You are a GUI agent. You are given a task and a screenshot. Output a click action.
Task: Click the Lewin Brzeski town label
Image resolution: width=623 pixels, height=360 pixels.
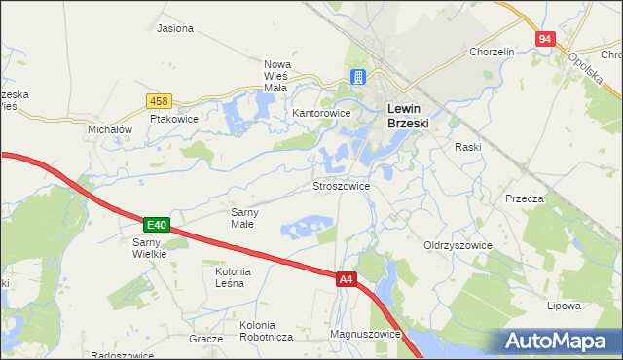(409, 116)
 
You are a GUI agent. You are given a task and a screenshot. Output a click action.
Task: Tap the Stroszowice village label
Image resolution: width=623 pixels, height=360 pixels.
(340, 184)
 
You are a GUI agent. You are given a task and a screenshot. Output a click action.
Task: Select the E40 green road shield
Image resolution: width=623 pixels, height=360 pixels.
(158, 224)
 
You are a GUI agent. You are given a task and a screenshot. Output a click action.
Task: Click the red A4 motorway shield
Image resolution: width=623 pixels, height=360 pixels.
(347, 279)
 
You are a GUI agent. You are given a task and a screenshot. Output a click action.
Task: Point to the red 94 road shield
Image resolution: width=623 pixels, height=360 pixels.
(544, 39)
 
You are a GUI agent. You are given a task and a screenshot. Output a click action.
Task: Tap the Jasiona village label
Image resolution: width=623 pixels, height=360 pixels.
(175, 29)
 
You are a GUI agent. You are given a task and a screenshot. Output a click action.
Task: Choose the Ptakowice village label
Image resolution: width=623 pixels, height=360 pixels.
(174, 119)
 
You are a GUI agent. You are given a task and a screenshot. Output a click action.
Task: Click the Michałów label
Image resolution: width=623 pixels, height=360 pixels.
(109, 129)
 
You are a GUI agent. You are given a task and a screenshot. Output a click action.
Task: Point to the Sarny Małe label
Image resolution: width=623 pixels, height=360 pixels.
(241, 217)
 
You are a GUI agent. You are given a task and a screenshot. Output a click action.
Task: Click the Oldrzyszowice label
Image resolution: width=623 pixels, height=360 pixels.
(458, 245)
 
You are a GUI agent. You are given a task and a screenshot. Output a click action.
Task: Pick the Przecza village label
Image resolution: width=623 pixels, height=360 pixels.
(524, 198)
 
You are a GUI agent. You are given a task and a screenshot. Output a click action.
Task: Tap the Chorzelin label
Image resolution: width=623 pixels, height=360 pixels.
(491, 52)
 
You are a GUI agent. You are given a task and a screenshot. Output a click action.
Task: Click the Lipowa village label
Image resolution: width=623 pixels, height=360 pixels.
(564, 305)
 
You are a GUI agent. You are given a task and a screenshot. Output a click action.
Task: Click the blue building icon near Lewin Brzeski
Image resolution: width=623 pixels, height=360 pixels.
(358, 78)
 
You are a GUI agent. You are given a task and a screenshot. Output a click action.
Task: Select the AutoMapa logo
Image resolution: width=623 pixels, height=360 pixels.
(558, 341)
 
